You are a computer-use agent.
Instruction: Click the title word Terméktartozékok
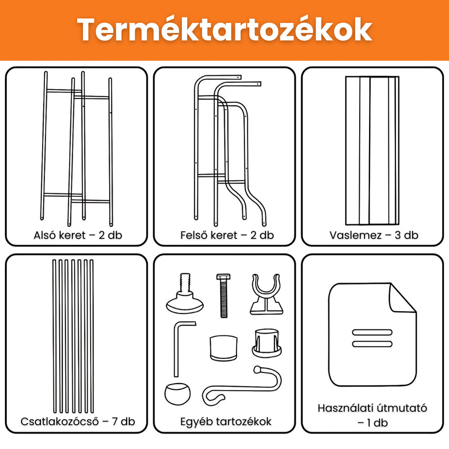224,30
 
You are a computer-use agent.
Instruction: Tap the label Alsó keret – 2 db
78,235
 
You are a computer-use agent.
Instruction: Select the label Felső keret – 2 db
227,235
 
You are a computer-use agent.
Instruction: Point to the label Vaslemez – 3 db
374,235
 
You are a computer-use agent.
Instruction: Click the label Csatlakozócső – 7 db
78,421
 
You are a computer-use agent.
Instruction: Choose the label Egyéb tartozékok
226,422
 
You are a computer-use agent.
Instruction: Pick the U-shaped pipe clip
266,295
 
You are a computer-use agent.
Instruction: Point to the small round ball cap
177,394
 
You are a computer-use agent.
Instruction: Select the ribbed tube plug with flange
267,343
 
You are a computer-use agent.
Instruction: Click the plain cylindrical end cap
224,348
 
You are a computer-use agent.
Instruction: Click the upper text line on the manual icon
372,332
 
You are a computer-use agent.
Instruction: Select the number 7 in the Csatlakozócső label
115,421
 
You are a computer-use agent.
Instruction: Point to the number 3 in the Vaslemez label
398,235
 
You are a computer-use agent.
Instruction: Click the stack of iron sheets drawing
372,150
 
